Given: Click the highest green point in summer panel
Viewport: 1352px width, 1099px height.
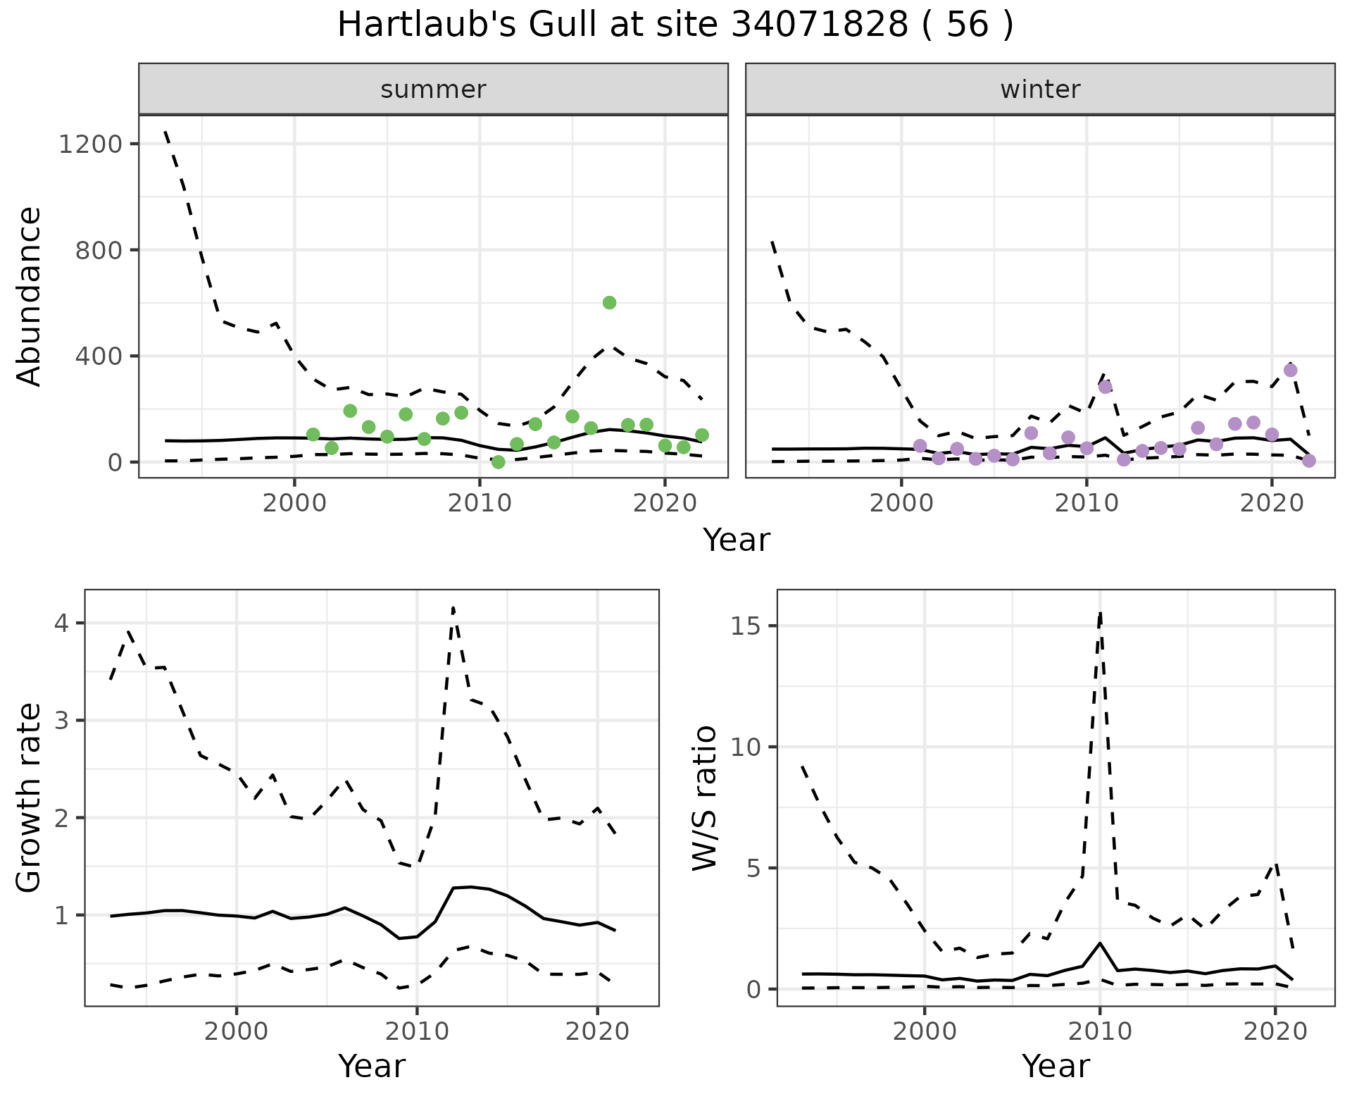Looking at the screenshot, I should coord(610,303).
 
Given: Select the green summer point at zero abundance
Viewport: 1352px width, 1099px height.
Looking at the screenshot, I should coord(499,462).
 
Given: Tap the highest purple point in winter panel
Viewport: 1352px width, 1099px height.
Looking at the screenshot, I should coord(1290,371).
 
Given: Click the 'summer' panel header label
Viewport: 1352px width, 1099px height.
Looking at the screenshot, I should coord(433,89).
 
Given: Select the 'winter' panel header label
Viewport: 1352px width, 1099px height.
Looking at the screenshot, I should coord(1040,89).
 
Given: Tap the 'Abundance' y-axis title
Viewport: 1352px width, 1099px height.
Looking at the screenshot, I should coord(30,296).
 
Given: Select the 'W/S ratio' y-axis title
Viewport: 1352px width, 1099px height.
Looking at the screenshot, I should coord(704,797).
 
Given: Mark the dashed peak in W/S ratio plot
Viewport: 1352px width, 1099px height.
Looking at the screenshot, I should coord(1100,614).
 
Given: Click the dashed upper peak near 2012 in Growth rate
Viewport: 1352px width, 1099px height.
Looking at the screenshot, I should coord(453,607).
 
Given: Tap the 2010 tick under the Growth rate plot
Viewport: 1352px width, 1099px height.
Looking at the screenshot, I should coord(417,1032).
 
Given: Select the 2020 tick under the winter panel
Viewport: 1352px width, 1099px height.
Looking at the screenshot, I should coord(1272,504).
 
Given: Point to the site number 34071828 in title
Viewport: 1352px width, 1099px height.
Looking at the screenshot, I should coord(820,25).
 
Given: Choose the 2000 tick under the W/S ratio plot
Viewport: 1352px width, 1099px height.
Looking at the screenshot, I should coord(925,1032).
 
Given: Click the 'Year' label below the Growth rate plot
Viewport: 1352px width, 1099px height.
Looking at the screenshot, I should coord(372,1066).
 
